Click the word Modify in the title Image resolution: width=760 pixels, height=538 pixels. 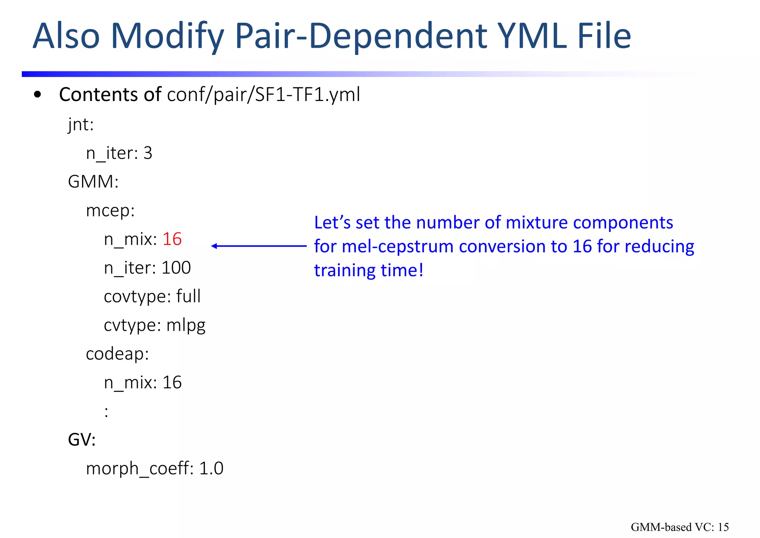167,36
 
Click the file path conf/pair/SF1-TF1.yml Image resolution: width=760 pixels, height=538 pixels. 263,95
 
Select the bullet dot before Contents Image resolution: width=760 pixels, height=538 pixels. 37,95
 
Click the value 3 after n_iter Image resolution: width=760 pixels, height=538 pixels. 148,153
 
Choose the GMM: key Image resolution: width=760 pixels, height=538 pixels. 93,182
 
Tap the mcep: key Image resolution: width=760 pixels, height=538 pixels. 110,211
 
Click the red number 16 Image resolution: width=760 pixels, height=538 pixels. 172,239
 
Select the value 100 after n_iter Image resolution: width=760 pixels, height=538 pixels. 176,268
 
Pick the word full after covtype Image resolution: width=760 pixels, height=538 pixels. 188,296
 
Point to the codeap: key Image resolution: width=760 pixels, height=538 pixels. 117,354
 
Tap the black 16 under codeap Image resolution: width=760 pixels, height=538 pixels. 172,383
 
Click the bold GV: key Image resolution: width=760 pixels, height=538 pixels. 82,440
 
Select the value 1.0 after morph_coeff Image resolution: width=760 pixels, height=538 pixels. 211,469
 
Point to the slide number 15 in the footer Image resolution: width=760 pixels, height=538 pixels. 723,527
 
